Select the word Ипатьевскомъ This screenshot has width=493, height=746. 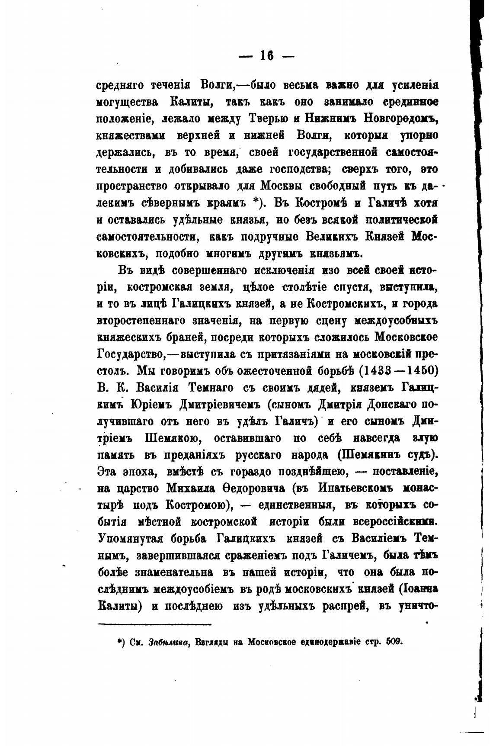tap(355, 489)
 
